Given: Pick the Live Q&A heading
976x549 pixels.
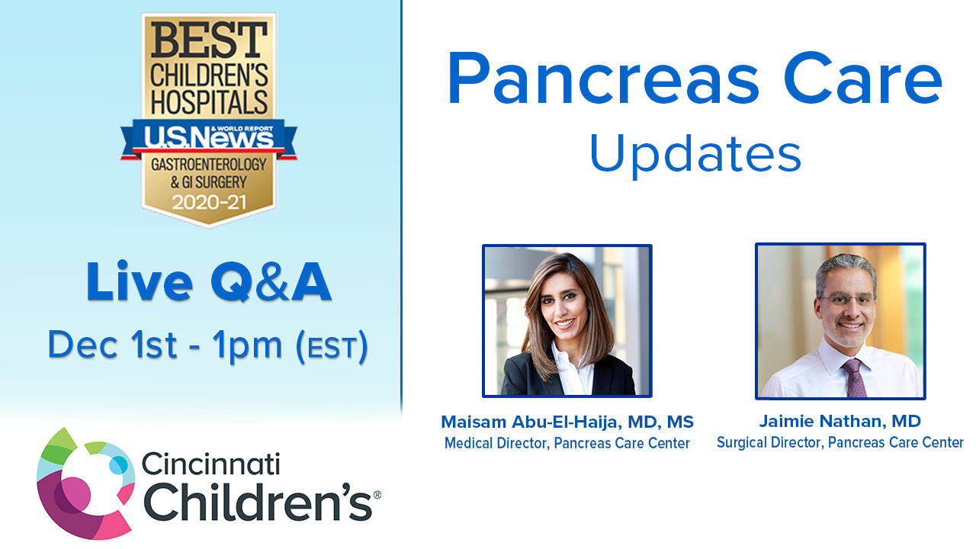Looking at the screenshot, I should click(x=208, y=281).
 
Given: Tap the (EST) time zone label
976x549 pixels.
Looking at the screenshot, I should click(x=332, y=346).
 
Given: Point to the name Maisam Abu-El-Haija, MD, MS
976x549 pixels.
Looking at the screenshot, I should click(x=567, y=422).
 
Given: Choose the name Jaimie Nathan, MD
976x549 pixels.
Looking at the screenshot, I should click(x=840, y=421).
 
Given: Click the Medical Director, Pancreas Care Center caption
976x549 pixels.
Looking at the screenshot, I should click(x=567, y=443).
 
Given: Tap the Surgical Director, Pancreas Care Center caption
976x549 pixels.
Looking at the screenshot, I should click(x=840, y=442).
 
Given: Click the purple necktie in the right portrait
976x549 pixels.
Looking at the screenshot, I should click(x=852, y=377).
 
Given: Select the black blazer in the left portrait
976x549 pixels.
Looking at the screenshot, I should click(x=526, y=377).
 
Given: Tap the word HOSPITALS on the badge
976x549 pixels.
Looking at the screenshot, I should click(x=208, y=101).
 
